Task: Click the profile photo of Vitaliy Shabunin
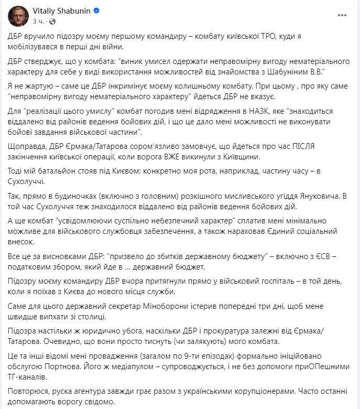18,16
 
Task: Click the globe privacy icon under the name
51,21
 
